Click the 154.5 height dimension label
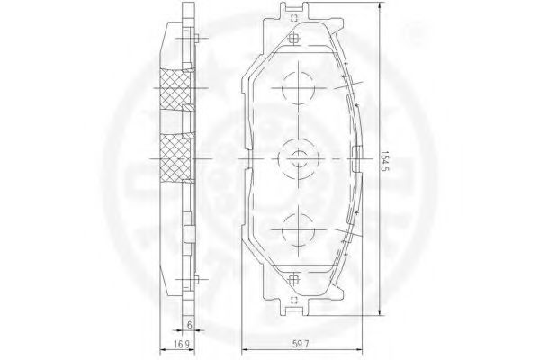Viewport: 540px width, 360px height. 385,159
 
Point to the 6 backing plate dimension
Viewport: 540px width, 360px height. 189,324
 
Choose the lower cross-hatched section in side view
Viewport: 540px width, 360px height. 175,158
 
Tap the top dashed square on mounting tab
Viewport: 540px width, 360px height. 293,19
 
